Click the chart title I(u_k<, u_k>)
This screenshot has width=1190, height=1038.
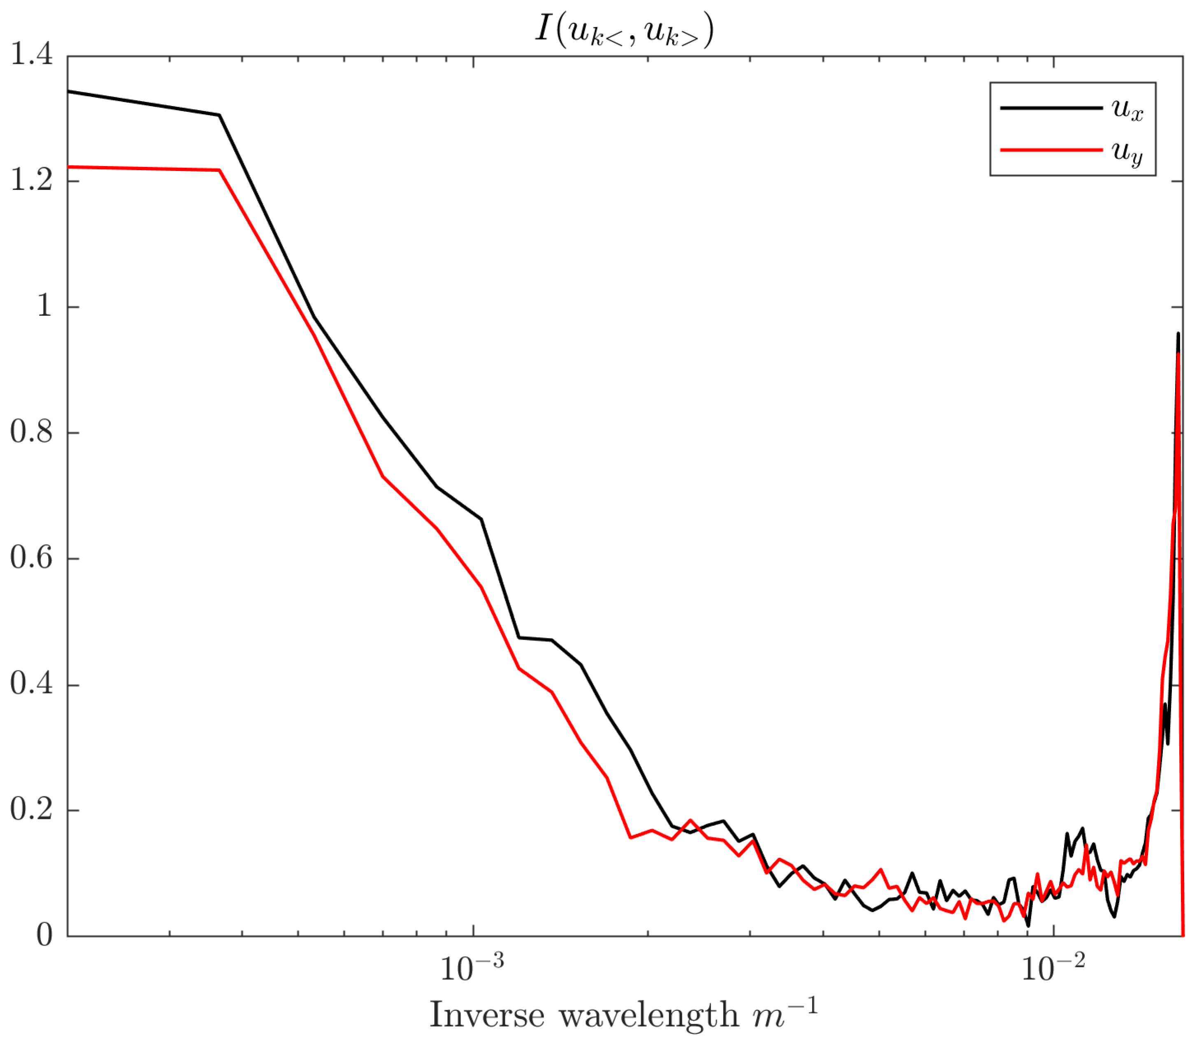pos(624,30)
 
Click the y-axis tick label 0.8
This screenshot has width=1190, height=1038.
pos(31,432)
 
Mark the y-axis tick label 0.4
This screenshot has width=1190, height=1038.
pos(31,684)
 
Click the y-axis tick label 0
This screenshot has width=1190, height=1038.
pos(44,934)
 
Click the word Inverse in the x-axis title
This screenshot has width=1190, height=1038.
pos(487,1015)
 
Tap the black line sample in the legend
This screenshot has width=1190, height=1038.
pos(1051,108)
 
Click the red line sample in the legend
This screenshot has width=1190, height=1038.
pos(1051,150)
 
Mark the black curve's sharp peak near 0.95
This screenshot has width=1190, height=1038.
pos(1178,334)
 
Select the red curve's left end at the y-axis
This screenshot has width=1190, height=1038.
pos(69,167)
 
